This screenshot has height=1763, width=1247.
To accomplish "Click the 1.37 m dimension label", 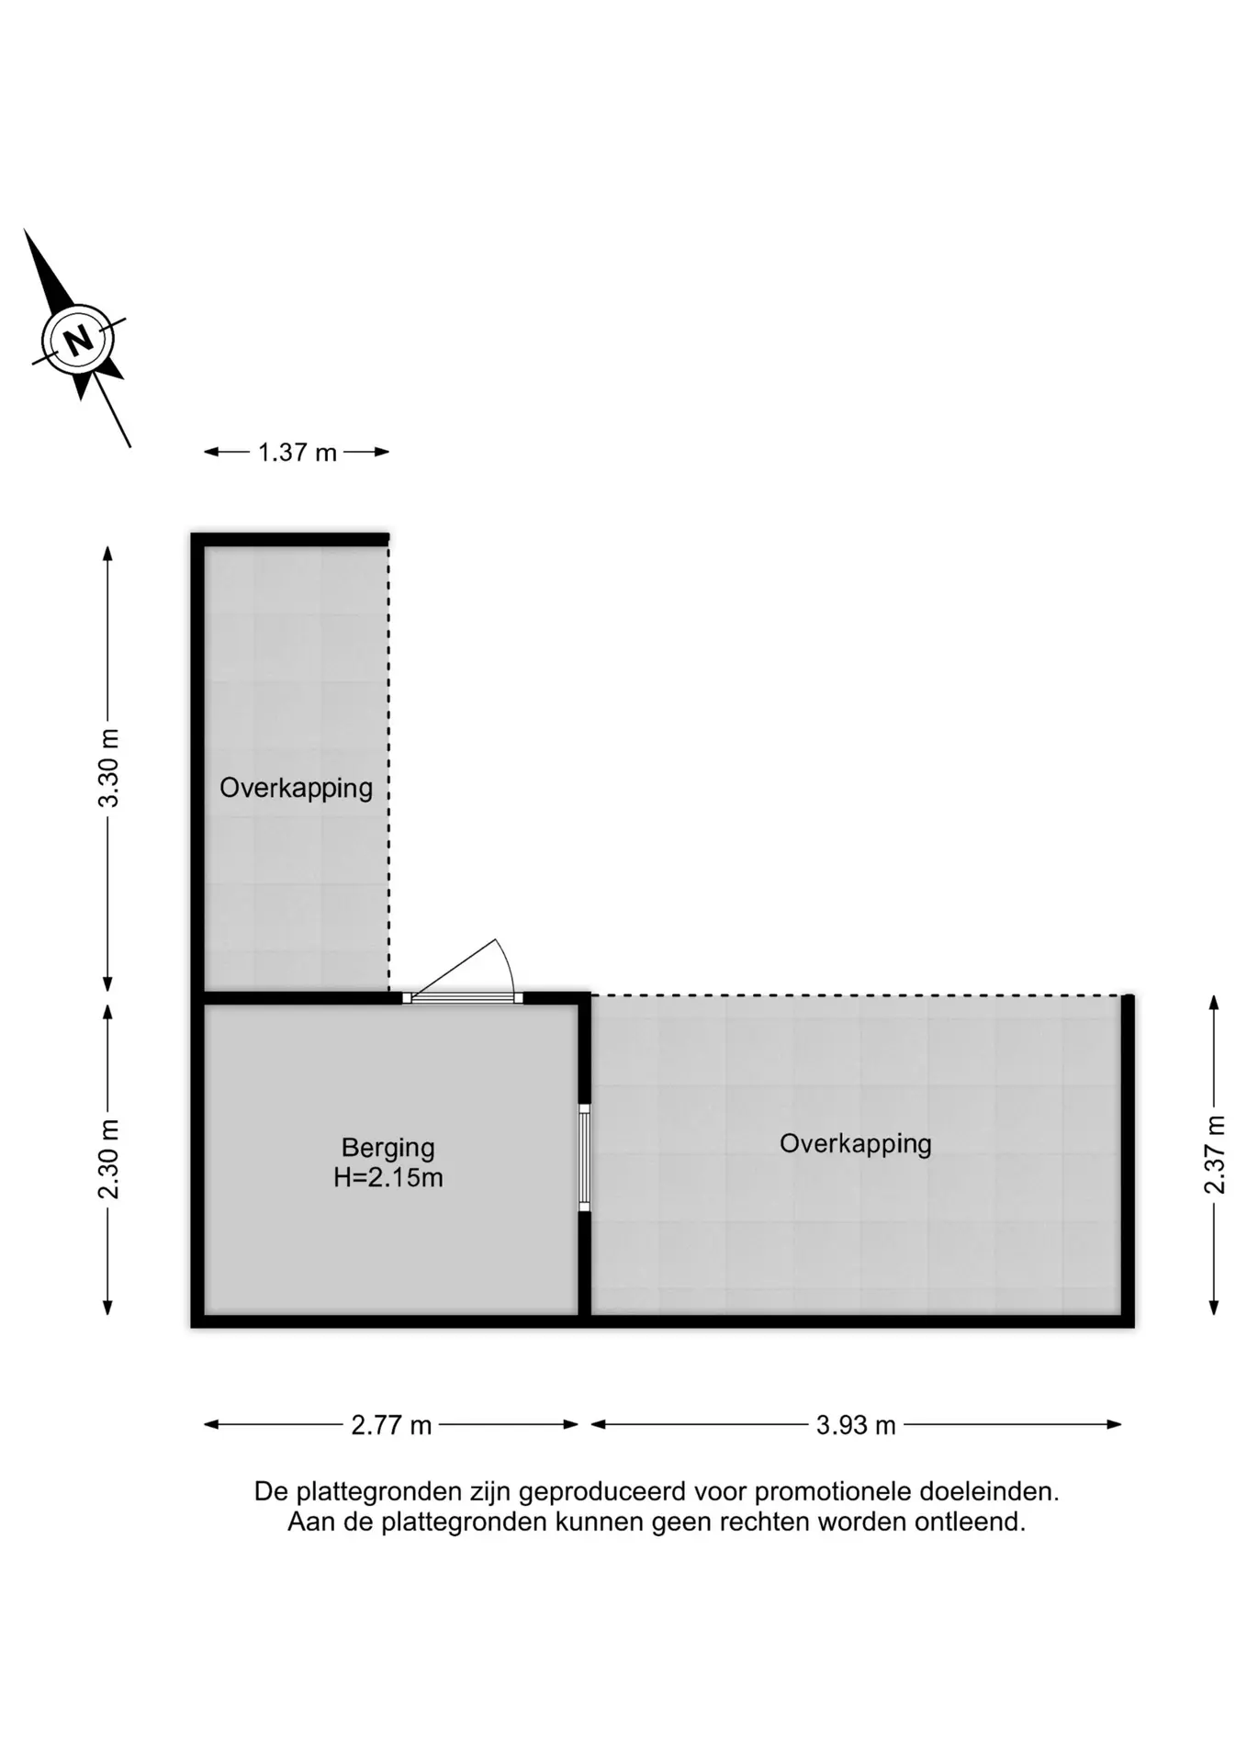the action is (x=298, y=453).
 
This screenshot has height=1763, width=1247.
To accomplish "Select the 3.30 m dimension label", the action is (x=108, y=768).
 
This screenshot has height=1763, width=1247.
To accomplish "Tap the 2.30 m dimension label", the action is (x=108, y=1160).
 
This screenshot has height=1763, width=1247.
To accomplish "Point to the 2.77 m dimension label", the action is (x=391, y=1425).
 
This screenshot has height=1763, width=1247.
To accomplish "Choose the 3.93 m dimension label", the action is (x=856, y=1425).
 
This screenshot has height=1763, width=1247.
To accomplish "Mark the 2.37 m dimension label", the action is (x=1214, y=1154).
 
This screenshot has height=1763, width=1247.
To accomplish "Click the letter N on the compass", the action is (x=79, y=340).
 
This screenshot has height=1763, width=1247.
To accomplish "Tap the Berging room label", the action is (x=388, y=1149).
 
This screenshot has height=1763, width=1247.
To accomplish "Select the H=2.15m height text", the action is (x=388, y=1178).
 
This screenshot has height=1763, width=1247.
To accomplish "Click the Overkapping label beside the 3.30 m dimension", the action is (x=296, y=789).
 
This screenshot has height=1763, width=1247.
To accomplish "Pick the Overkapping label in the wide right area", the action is (x=856, y=1144).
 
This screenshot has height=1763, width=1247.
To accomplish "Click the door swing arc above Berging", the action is (x=506, y=964).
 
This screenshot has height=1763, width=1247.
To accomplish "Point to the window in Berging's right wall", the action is (x=584, y=1158).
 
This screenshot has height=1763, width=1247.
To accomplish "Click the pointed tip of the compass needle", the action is (x=25, y=230).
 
